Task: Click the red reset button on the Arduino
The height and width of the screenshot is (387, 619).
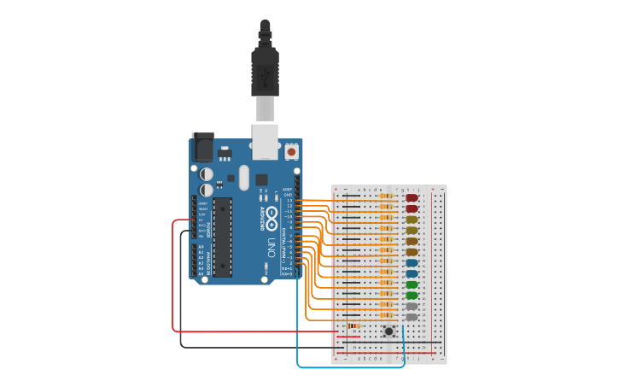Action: point(291,152)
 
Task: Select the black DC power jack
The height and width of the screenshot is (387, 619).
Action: point(203,148)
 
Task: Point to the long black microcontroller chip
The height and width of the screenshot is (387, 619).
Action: point(222,237)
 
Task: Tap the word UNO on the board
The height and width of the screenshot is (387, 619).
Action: point(272,248)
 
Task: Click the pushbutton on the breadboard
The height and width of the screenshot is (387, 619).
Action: point(388,331)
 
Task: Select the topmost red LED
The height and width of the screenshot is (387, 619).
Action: point(412,198)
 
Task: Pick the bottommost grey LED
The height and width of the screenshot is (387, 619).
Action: point(412,317)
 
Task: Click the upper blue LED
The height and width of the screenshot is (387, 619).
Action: point(412,263)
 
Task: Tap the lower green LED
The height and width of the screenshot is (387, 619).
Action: point(412,296)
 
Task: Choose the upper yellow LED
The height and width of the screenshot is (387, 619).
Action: point(412,220)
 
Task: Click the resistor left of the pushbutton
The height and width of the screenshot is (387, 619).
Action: point(353,325)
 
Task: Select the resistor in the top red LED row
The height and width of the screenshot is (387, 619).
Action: point(387,196)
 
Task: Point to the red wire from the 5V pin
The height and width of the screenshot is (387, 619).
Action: point(173,282)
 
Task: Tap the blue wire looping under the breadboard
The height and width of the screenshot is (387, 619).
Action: point(342,367)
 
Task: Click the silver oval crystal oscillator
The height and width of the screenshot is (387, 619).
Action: point(244,178)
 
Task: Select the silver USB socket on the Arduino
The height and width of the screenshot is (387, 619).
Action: point(265,140)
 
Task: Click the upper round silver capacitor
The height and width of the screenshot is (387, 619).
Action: point(207,173)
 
